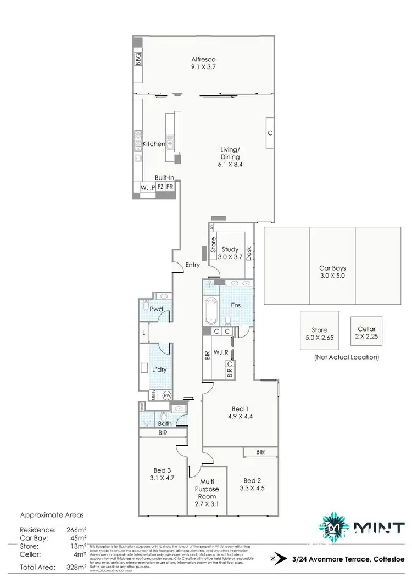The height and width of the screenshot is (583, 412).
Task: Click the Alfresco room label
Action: click(203, 59)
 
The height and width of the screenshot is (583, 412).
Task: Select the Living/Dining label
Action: click(230, 153)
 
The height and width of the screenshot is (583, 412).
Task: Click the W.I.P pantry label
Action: click(147, 187)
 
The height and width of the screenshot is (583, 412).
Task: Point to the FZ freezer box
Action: click(160, 187)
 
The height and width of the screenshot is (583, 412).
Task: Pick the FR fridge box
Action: click(170, 187)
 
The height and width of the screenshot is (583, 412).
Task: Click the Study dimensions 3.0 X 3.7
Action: click(230, 257)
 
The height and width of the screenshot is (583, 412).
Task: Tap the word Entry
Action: click(192, 265)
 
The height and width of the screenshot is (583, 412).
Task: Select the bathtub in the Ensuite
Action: click(211, 311)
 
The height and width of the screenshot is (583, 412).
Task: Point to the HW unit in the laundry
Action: click(166, 394)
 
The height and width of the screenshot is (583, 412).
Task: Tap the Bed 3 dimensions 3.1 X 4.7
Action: click(162, 478)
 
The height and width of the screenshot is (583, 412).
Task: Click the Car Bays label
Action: click(332, 268)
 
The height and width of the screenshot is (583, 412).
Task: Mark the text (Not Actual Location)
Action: click(346, 357)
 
